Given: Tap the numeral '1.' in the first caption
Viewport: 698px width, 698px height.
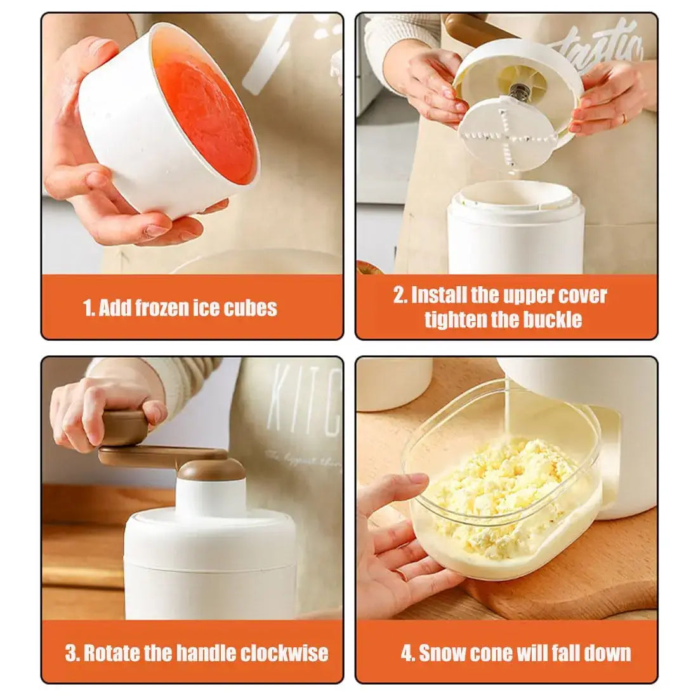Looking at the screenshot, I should (89, 308).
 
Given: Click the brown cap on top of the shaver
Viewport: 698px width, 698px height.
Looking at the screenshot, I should (211, 470).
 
